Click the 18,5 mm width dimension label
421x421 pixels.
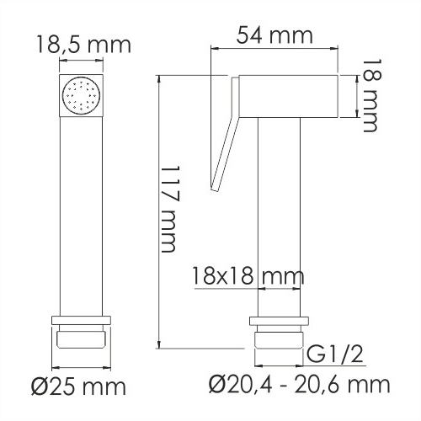click(x=82, y=44)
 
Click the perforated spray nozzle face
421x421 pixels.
click(x=82, y=94)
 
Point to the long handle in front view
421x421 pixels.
click(x=82, y=210)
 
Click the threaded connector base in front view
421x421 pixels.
click(x=82, y=338)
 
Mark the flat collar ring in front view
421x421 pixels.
click(x=82, y=320)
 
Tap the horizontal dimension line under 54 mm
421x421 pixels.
click(x=278, y=51)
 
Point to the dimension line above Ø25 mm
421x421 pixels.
click(x=82, y=367)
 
